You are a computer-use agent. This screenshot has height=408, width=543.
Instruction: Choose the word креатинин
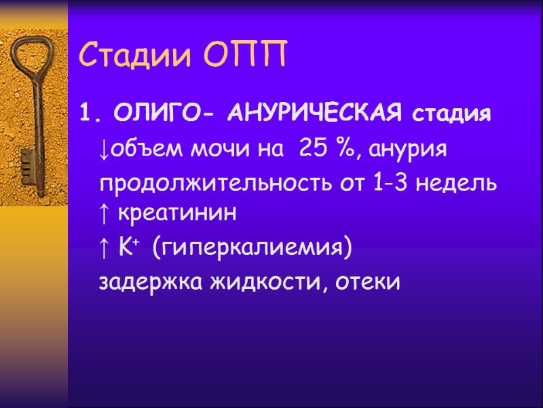click(x=178, y=214)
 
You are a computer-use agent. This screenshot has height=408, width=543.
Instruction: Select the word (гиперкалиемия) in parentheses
click(x=252, y=249)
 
